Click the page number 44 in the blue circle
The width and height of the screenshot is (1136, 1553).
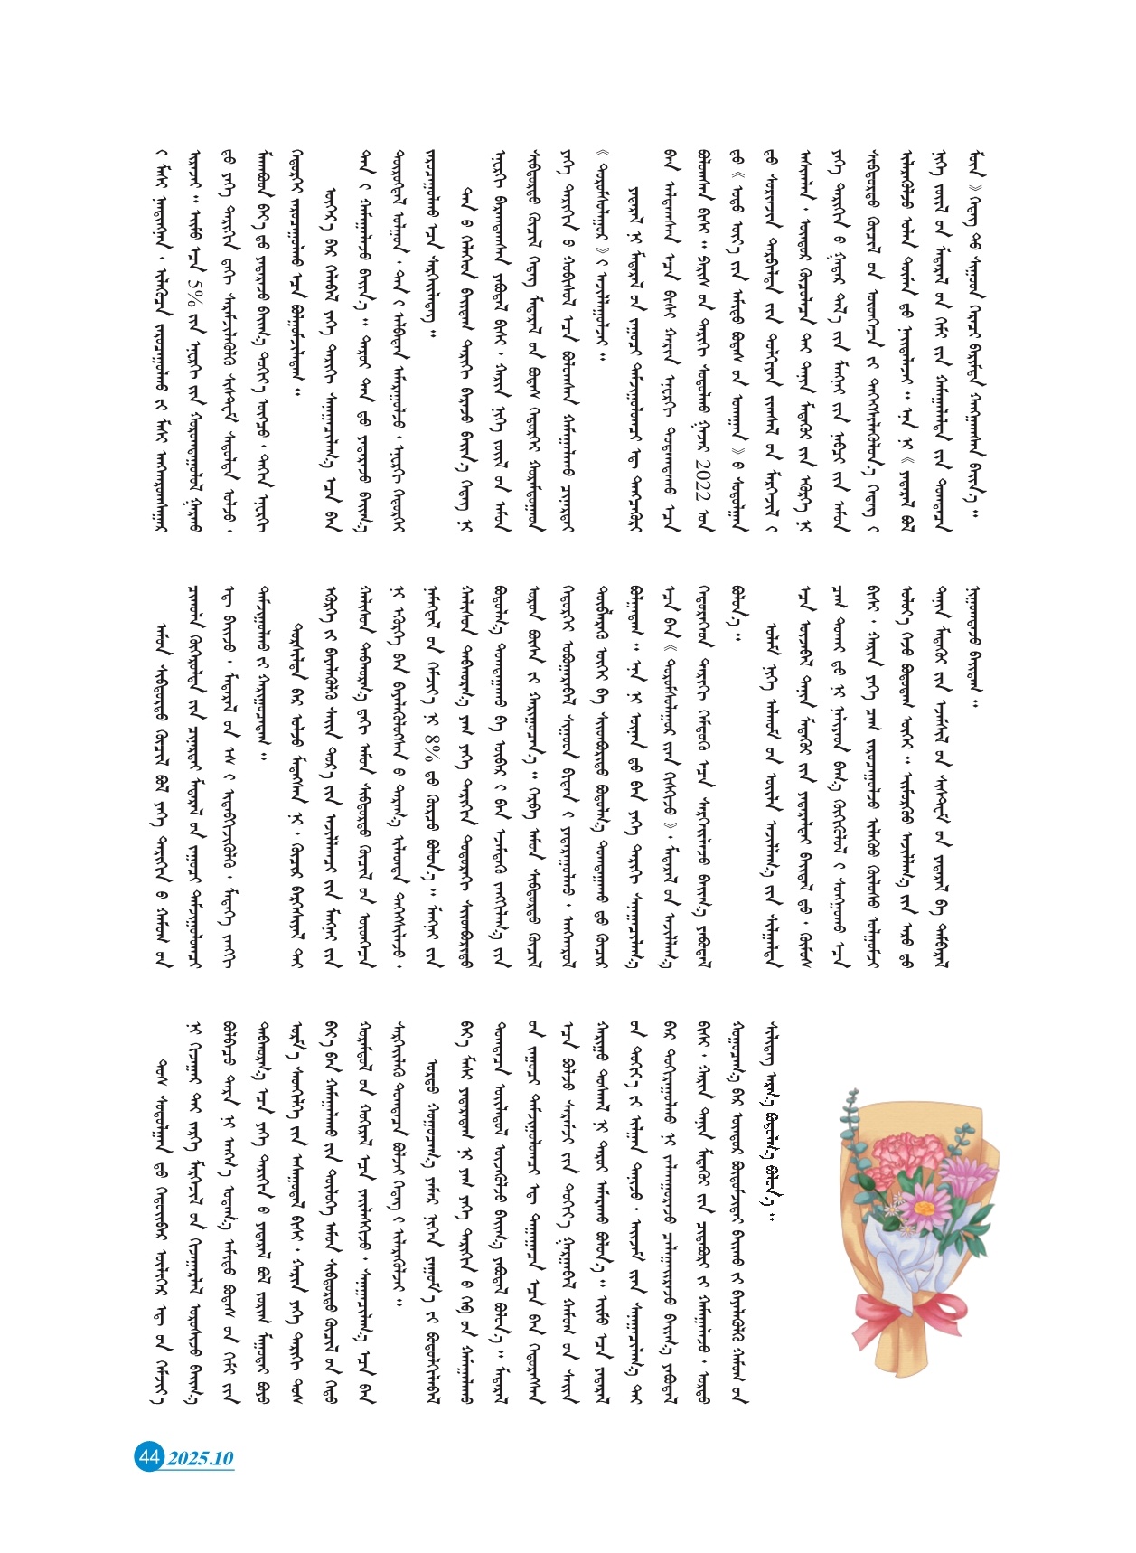pyautogui.click(x=148, y=1456)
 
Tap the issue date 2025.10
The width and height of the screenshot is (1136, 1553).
pyautogui.click(x=200, y=1457)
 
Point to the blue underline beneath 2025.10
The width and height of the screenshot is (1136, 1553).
pyautogui.click(x=200, y=1470)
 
